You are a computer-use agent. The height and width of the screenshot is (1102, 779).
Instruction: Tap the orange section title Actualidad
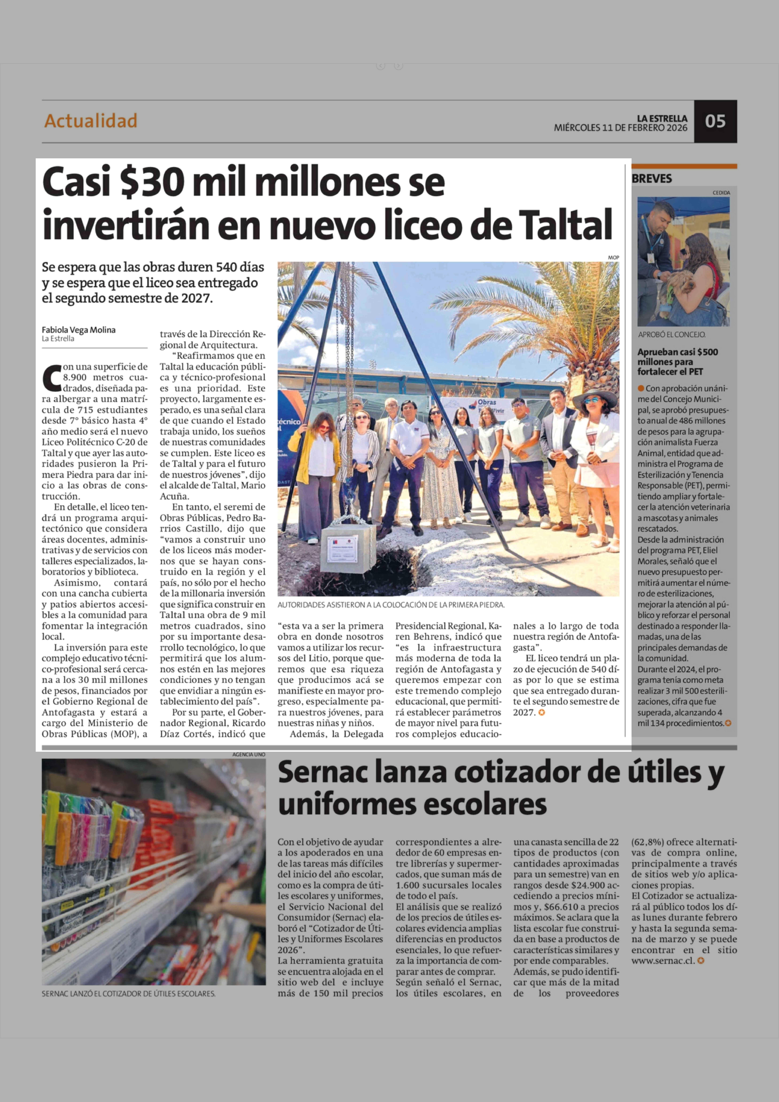coord(91,120)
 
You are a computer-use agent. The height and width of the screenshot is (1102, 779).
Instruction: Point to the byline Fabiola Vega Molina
coord(79,330)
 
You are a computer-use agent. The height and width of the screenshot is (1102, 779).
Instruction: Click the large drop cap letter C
coord(52,378)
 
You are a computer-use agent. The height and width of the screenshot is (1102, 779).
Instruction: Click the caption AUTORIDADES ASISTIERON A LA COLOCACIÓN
coord(391,605)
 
